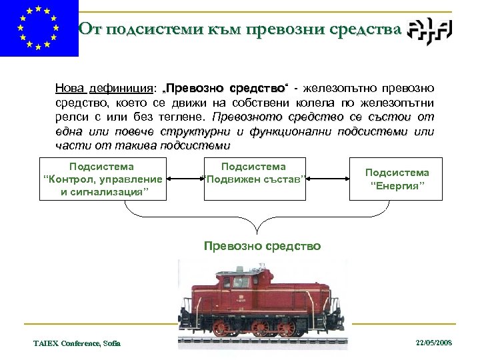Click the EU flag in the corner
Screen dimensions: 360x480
(x=39, y=29)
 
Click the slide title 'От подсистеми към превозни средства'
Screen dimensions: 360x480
(x=240, y=29)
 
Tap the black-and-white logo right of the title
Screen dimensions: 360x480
(x=430, y=29)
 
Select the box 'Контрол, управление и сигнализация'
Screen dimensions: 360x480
(x=103, y=179)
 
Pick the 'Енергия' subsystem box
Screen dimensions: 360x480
(x=397, y=179)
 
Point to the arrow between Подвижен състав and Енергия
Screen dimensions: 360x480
(x=327, y=179)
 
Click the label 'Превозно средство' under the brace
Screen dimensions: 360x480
(x=262, y=246)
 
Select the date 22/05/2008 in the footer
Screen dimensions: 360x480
(x=433, y=342)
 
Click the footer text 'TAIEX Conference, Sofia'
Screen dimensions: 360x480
(x=77, y=343)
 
